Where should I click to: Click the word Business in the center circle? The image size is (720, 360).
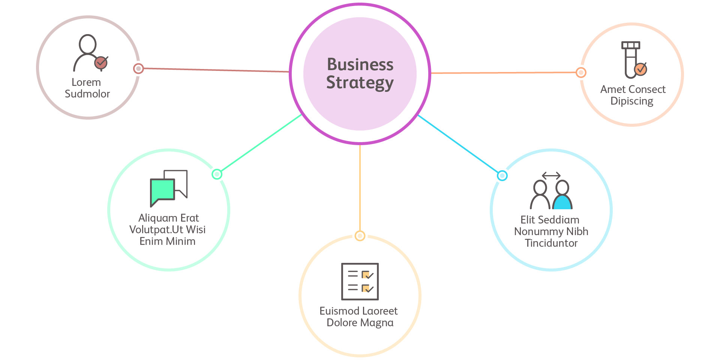point(360,64)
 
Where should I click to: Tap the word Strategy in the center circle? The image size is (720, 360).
point(360,83)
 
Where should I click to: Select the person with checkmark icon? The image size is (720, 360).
point(90,53)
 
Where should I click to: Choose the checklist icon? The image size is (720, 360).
point(360,281)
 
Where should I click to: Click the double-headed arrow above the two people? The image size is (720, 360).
point(551,175)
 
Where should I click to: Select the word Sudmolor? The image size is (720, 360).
point(87,94)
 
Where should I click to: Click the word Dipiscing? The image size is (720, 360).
point(632,101)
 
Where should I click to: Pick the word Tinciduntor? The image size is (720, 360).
point(551,243)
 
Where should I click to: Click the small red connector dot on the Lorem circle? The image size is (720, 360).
point(138,69)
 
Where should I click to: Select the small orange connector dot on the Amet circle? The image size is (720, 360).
point(581,72)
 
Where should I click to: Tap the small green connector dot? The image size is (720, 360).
point(217,174)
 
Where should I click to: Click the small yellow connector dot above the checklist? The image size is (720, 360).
point(360,236)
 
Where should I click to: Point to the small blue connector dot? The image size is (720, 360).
point(502,175)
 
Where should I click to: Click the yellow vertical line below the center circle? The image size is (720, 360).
point(360,187)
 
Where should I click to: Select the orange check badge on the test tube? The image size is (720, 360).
point(640,69)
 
